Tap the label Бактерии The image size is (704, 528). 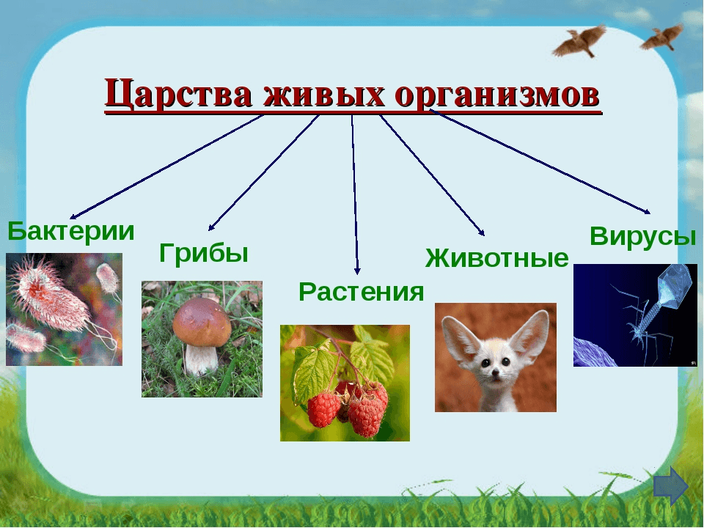click(x=71, y=232)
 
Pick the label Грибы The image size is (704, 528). click(x=204, y=254)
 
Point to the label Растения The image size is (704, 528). click(x=361, y=292)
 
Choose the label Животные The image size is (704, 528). click(x=496, y=258)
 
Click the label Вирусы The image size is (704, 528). click(x=642, y=236)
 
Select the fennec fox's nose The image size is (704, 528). click(x=496, y=374)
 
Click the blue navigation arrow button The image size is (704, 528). click(x=670, y=486)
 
